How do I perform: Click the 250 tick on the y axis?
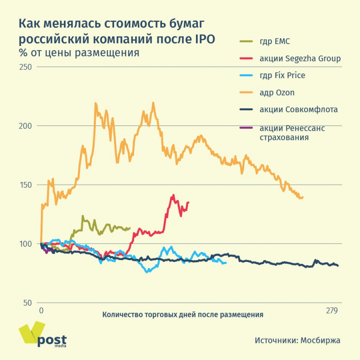(x=26, y=67)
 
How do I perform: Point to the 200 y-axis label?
(x=26, y=126)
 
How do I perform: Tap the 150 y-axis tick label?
(x=26, y=185)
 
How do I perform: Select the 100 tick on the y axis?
(x=26, y=244)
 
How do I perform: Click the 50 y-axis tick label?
(x=27, y=303)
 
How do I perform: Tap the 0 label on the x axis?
(x=41, y=311)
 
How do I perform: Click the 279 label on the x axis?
(x=332, y=311)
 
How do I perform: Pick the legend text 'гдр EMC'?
(x=275, y=42)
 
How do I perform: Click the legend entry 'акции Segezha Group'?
(x=300, y=59)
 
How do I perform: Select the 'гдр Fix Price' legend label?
(x=282, y=75)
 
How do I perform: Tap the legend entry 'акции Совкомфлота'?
(x=298, y=109)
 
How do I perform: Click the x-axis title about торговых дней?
(x=182, y=314)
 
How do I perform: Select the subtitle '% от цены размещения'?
(x=79, y=53)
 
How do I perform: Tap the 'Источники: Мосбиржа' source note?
(x=297, y=340)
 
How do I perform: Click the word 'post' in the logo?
(x=52, y=340)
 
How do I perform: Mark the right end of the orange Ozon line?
(x=302, y=197)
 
